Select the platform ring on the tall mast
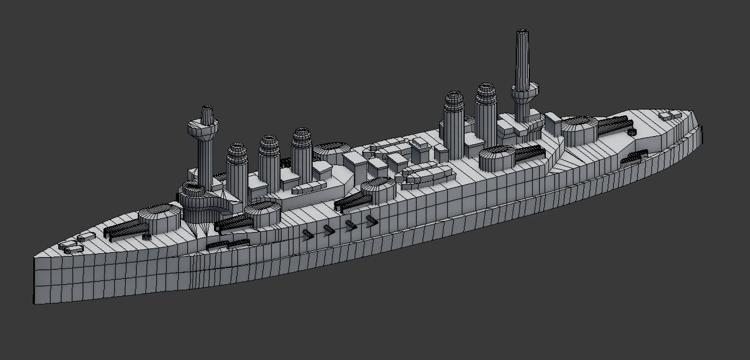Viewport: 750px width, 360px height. pyautogui.click(x=525, y=92)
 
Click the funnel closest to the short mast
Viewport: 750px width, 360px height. pyautogui.click(x=237, y=166)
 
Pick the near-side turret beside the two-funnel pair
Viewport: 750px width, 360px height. pyautogui.click(x=497, y=158)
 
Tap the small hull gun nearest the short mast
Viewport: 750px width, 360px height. pyautogui.click(x=307, y=234)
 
